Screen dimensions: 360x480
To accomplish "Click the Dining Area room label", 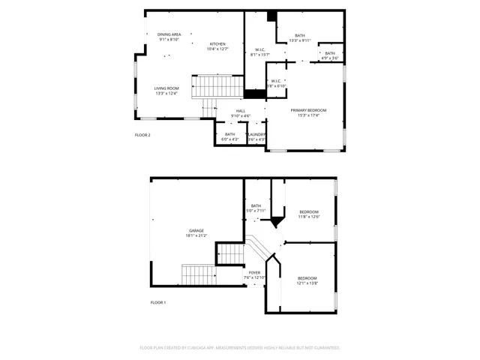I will click(169, 34).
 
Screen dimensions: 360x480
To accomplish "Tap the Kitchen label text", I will click(217, 43).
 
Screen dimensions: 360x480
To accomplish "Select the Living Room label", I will click(166, 88).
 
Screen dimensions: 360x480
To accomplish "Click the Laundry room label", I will click(256, 134).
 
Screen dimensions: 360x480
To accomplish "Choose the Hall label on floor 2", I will click(241, 110).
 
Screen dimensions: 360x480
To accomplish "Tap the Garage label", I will click(196, 230).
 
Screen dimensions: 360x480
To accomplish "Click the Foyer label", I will click(255, 273).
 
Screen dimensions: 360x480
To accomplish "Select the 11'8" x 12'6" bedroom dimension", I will click(309, 217).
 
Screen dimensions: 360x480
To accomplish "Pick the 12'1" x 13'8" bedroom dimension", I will click(307, 283).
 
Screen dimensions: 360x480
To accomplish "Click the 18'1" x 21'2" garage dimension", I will click(196, 235).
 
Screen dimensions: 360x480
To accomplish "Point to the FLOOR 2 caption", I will click(142, 135).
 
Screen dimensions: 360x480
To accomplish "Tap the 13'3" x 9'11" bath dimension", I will click(300, 40).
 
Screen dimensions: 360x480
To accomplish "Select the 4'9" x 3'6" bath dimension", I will click(330, 58).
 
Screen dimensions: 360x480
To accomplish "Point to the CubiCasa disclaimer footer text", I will click(240, 347).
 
